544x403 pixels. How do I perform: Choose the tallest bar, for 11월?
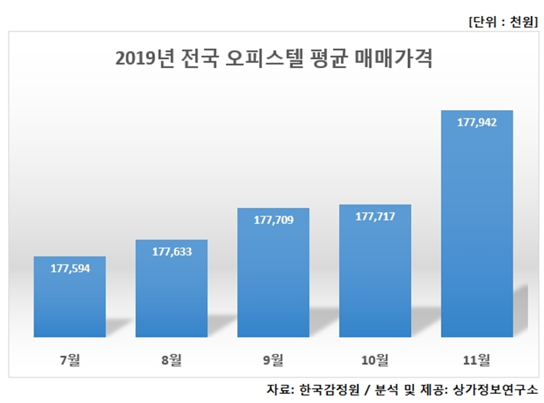point(477,229)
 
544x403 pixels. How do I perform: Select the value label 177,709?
point(272,220)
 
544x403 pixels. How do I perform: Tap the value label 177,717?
point(374,217)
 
